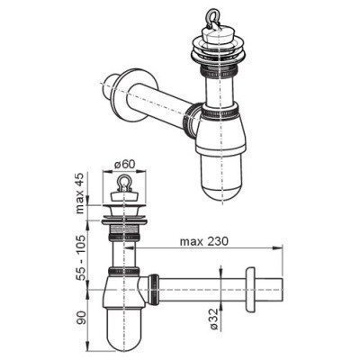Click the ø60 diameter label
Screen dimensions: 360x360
click(x=125, y=165)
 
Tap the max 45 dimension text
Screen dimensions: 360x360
click(x=80, y=193)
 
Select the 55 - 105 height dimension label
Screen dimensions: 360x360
click(x=80, y=258)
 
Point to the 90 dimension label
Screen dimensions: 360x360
click(x=81, y=319)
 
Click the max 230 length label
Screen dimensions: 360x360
click(x=204, y=241)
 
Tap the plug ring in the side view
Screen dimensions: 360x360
click(x=125, y=183)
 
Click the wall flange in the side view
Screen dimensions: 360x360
click(x=250, y=289)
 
